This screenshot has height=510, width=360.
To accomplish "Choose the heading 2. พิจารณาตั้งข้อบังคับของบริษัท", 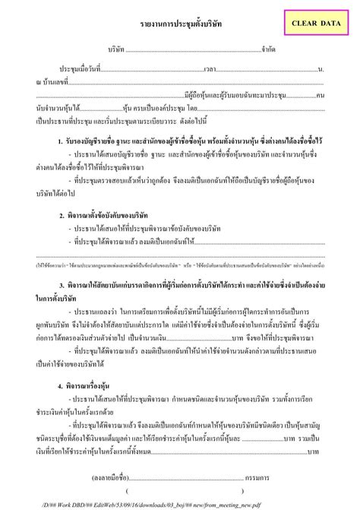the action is click(103, 215).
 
